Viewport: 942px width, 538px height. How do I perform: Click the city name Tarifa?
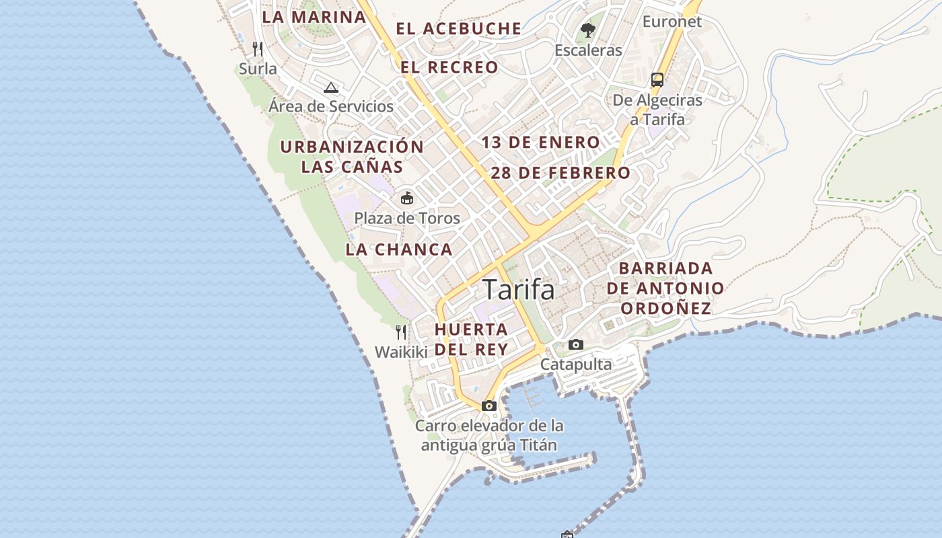tap(519, 290)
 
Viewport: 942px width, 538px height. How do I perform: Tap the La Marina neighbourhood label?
tap(314, 17)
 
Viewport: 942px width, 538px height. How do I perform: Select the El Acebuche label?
tap(458, 28)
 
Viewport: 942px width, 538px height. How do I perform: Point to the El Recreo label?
tap(449, 67)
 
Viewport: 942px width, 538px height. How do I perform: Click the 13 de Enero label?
tap(540, 143)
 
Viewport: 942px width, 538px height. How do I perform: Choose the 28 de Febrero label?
tap(560, 173)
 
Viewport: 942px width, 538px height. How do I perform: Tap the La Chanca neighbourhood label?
tap(399, 249)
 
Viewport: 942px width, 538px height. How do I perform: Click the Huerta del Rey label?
tap(471, 340)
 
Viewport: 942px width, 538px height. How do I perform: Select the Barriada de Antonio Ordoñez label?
tap(665, 289)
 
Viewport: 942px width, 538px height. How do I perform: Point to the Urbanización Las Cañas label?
tap(352, 157)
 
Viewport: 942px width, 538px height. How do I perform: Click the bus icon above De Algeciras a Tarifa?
tap(657, 80)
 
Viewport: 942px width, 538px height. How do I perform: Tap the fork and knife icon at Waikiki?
tap(401, 332)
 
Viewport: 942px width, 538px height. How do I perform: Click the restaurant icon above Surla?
tap(258, 48)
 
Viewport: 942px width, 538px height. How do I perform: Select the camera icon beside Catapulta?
tap(576, 345)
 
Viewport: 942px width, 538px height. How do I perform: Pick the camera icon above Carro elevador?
tap(489, 406)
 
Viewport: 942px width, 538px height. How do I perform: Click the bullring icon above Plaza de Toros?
tap(407, 198)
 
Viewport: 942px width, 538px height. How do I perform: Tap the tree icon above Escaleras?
tap(588, 30)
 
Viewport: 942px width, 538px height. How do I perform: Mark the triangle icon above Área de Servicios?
tap(330, 87)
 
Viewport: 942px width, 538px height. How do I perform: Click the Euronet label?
tap(672, 22)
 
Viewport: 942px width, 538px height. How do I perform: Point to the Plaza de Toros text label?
tap(407, 218)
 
